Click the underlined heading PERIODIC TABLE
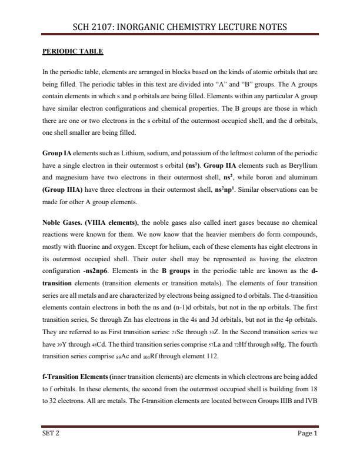coord(72,52)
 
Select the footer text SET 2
coord(51,434)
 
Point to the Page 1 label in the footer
coord(308,434)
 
